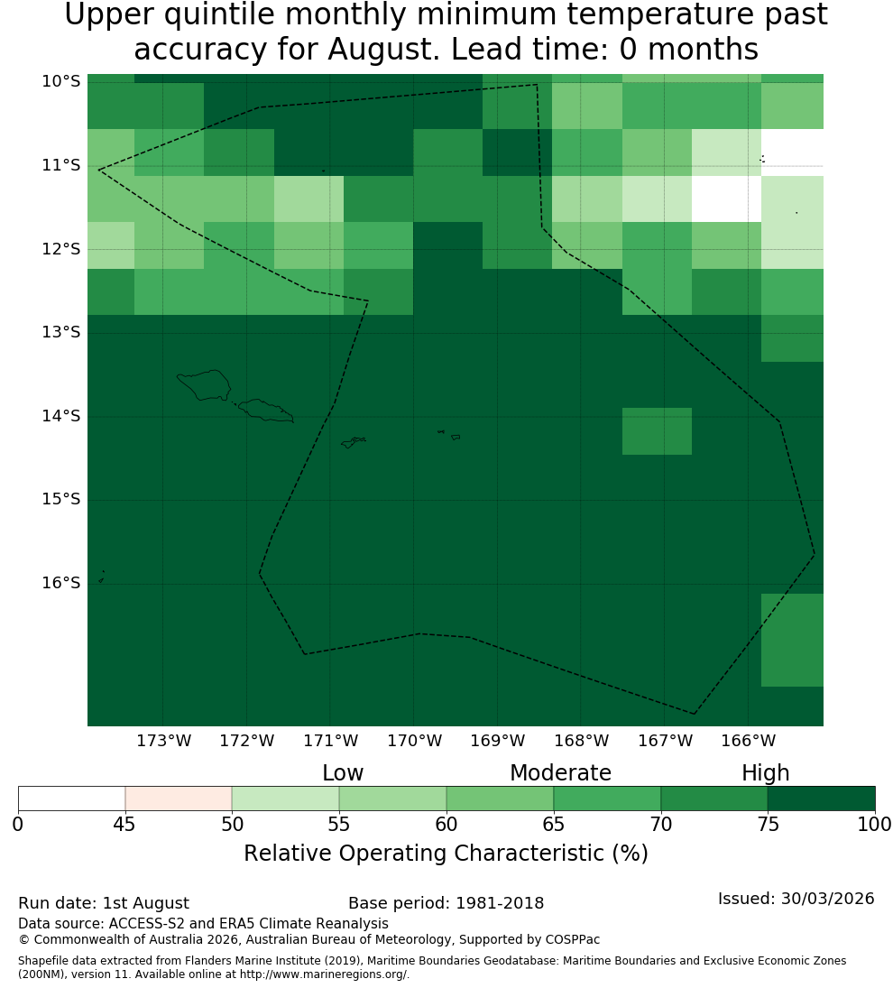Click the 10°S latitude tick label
tap(61, 81)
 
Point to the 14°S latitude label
tap(61, 416)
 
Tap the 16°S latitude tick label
tap(61, 583)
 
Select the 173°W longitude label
tap(164, 741)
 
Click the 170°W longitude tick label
tap(414, 741)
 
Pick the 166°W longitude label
tap(748, 741)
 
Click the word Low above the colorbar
tap(343, 772)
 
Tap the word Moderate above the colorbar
tap(560, 772)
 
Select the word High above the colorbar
tap(765, 773)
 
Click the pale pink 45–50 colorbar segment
tap(179, 799)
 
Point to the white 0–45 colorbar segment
tap(72, 799)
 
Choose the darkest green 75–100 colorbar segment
tap(821, 799)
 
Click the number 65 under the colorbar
tap(554, 824)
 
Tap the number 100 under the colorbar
tap(875, 824)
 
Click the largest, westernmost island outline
tap(204, 385)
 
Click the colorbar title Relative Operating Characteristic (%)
tap(446, 854)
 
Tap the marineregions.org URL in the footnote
tap(324, 974)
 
